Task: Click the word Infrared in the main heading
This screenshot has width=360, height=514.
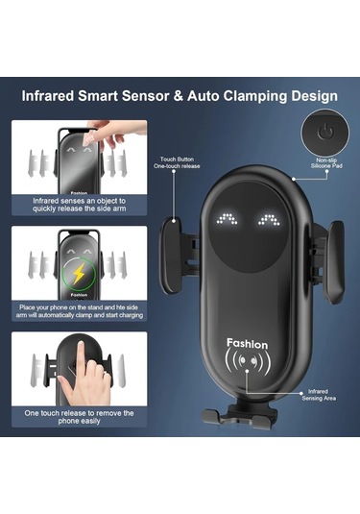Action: tap(48, 96)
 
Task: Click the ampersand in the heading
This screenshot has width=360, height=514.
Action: tap(179, 96)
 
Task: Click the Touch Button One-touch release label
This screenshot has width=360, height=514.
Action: tap(177, 162)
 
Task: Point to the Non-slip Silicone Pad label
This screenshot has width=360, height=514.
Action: tap(326, 163)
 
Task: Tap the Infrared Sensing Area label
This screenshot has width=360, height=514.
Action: tap(319, 395)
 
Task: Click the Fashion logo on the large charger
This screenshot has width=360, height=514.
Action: tap(248, 344)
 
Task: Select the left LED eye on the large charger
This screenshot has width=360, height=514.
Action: tap(227, 219)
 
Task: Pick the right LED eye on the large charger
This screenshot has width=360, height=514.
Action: tap(269, 219)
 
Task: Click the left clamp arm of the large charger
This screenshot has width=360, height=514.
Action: tap(171, 255)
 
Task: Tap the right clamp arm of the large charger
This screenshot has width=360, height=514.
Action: tap(334, 261)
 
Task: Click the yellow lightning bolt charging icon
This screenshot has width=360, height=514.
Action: tap(79, 274)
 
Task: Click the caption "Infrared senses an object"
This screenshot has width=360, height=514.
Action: tap(80, 205)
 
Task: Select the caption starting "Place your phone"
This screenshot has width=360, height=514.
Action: tap(80, 311)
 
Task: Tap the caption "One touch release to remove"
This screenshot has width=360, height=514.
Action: tap(80, 417)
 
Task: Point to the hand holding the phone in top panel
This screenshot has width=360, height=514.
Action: tap(114, 134)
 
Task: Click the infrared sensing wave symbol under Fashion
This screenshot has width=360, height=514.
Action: tap(248, 361)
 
